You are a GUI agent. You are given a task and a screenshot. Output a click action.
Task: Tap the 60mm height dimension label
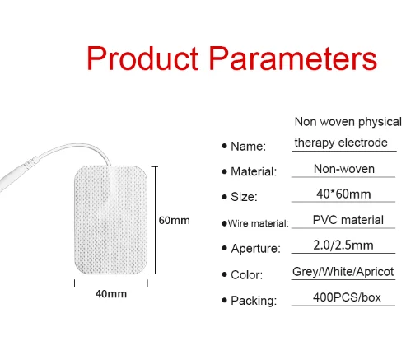pyautogui.click(x=174, y=220)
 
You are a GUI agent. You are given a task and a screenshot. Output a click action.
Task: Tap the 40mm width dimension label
pyautogui.click(x=111, y=294)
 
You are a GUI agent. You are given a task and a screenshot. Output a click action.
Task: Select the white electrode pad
pyautogui.click(x=111, y=220)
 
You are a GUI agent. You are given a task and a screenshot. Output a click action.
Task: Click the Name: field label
pyautogui.click(x=247, y=147)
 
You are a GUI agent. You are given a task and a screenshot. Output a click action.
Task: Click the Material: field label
pyautogui.click(x=253, y=171)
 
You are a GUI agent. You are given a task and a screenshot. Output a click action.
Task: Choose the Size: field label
pyautogui.click(x=245, y=197)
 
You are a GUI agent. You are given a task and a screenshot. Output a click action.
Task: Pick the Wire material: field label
pyautogui.click(x=259, y=222)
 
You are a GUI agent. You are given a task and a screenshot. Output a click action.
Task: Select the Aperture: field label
pyautogui.click(x=254, y=248)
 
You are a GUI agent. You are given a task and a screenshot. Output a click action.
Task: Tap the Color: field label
pyautogui.click(x=245, y=274)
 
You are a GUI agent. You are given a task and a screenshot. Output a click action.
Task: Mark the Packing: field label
pyautogui.click(x=253, y=299)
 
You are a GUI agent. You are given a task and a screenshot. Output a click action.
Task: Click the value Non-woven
pyautogui.click(x=343, y=169)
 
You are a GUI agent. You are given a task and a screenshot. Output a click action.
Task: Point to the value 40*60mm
pyautogui.click(x=343, y=194)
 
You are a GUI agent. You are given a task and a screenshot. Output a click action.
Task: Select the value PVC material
pyautogui.click(x=348, y=219)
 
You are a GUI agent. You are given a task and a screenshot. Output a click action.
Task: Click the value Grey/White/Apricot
pyautogui.click(x=343, y=271)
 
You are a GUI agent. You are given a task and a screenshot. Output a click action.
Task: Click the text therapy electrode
pyautogui.click(x=340, y=143)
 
